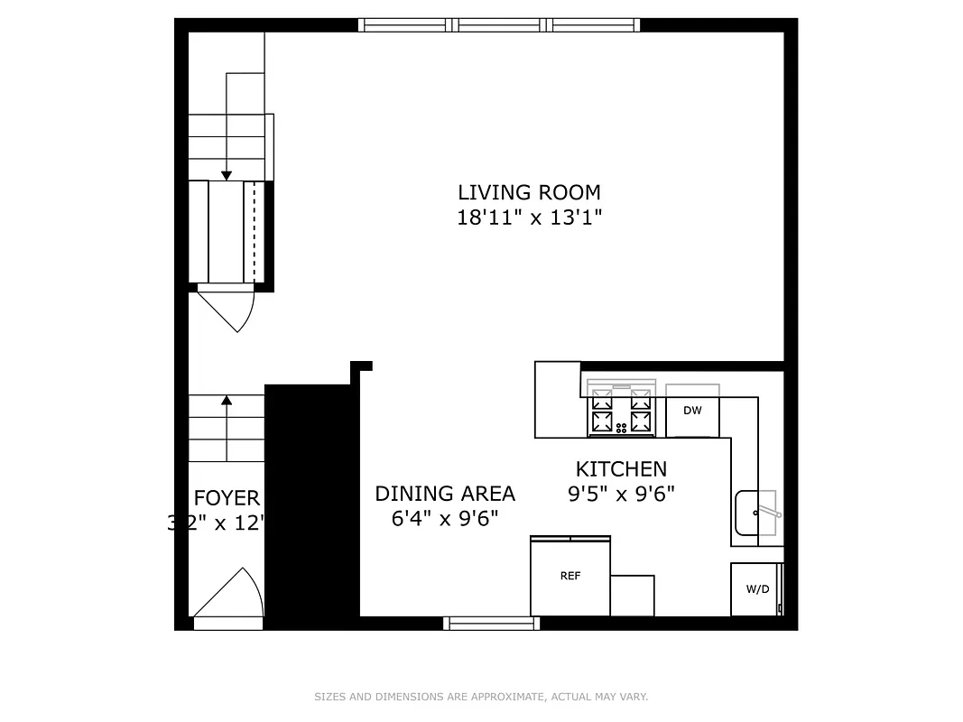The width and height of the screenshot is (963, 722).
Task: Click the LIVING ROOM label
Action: point(529,192)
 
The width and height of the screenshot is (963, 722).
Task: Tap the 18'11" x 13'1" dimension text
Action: point(529,218)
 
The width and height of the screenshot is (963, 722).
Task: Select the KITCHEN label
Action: point(621,468)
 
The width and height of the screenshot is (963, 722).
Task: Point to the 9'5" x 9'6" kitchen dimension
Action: point(621,494)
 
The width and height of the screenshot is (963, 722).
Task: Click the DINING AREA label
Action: point(445,494)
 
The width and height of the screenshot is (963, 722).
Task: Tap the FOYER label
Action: point(227,498)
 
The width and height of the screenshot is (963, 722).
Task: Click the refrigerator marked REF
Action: point(570,577)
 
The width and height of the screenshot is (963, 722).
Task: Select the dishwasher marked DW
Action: point(692,411)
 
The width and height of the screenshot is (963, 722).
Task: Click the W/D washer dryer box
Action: point(757,589)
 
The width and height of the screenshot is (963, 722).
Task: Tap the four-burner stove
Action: point(621,410)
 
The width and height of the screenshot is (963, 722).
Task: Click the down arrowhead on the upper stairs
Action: point(227,175)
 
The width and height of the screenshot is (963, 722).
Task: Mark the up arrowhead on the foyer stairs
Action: point(227,399)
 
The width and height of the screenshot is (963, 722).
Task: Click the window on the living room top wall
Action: point(499,25)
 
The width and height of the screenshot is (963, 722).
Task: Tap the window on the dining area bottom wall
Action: point(492,623)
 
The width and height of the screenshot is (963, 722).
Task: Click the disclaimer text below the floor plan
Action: point(481,697)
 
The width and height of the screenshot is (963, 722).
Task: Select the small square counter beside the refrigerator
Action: point(633,596)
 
